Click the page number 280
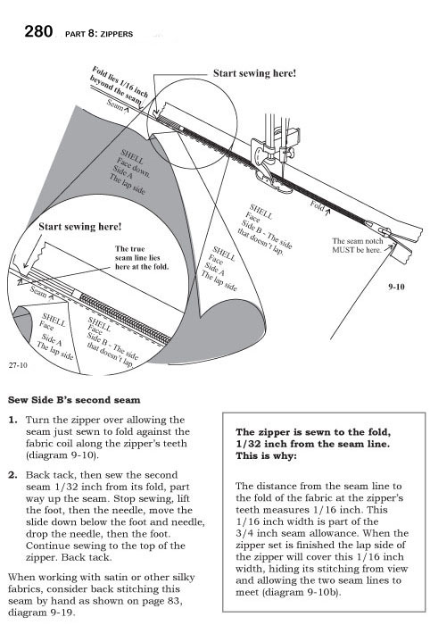(38, 31)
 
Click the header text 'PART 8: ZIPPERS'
(99, 34)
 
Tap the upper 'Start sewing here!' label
(254, 73)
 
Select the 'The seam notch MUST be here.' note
(357, 246)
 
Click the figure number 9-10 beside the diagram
(396, 287)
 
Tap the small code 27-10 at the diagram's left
(18, 365)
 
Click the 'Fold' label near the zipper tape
(318, 205)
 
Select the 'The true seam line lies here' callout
(142, 257)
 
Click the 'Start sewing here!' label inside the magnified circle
(80, 227)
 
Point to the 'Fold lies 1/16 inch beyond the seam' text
(119, 86)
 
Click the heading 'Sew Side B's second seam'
(74, 400)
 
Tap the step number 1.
(13, 420)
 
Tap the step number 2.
(13, 475)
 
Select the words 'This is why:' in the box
(266, 455)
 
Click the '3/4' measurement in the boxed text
(244, 533)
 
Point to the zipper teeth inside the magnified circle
(125, 318)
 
